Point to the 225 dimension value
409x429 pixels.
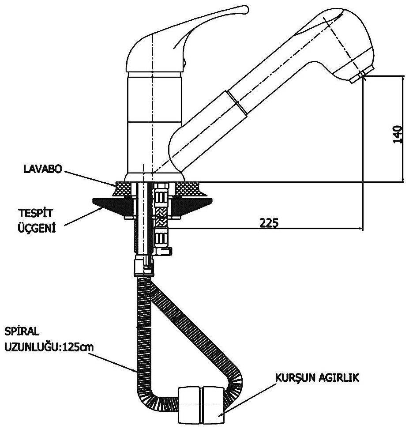pyautogui.click(x=269, y=223)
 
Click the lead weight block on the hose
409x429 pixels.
pyautogui.click(x=203, y=402)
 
